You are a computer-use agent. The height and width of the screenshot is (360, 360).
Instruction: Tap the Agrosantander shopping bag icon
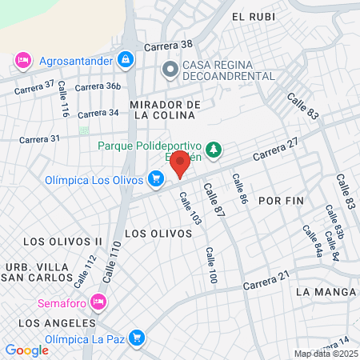125,59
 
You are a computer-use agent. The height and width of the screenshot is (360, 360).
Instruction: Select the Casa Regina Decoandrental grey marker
169,70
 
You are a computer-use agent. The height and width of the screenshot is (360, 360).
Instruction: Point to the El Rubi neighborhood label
248,17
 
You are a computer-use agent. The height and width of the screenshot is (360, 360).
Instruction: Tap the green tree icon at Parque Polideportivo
213,148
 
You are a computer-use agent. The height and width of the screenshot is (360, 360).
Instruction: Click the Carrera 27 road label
276,148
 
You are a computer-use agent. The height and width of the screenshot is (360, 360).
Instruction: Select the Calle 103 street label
190,208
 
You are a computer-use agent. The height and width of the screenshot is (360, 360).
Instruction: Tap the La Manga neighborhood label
319,292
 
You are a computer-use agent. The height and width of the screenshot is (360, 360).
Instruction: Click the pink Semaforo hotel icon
98,302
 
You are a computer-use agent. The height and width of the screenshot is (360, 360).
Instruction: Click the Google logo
26,350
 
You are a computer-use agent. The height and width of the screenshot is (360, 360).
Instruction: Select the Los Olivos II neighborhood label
62,241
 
